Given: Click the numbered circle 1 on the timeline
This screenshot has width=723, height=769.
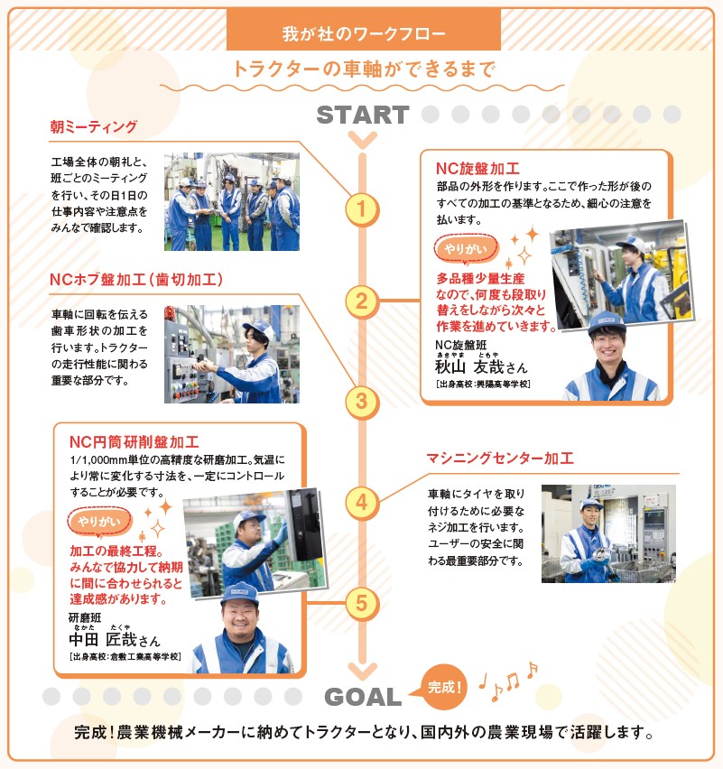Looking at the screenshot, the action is [x=362, y=209].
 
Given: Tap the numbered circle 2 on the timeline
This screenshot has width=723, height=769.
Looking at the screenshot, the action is [x=362, y=301].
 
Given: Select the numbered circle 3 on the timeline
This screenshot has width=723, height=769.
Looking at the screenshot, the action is [x=362, y=402].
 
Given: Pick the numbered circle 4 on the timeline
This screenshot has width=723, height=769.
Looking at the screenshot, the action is [x=362, y=503].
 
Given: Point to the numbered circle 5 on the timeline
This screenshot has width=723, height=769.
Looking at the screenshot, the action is [x=362, y=603].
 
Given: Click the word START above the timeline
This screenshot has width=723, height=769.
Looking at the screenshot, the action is [x=363, y=116].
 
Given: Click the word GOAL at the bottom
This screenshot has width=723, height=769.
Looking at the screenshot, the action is [x=363, y=697].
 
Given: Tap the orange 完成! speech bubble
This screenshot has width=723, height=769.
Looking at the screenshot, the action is [x=442, y=687].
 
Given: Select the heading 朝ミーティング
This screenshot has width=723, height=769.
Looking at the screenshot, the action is [x=93, y=127].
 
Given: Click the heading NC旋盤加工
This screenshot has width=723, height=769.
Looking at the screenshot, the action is [x=477, y=169].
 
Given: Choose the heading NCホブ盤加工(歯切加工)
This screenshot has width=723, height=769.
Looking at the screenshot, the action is [x=136, y=280].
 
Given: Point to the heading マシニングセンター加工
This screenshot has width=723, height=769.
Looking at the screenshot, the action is [x=500, y=459].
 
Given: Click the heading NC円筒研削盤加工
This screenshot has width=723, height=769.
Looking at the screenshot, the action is [x=134, y=442].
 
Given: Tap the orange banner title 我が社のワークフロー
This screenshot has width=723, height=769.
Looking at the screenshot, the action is [x=364, y=33].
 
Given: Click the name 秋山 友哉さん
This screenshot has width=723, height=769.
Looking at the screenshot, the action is [x=481, y=366].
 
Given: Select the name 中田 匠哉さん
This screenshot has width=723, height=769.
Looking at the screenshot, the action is [x=115, y=640].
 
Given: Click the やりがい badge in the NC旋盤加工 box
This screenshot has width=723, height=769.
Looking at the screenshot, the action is [x=466, y=249].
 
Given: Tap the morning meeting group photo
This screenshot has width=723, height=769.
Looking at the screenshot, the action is [x=231, y=201].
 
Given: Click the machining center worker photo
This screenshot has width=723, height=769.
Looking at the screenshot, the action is [x=608, y=533].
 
